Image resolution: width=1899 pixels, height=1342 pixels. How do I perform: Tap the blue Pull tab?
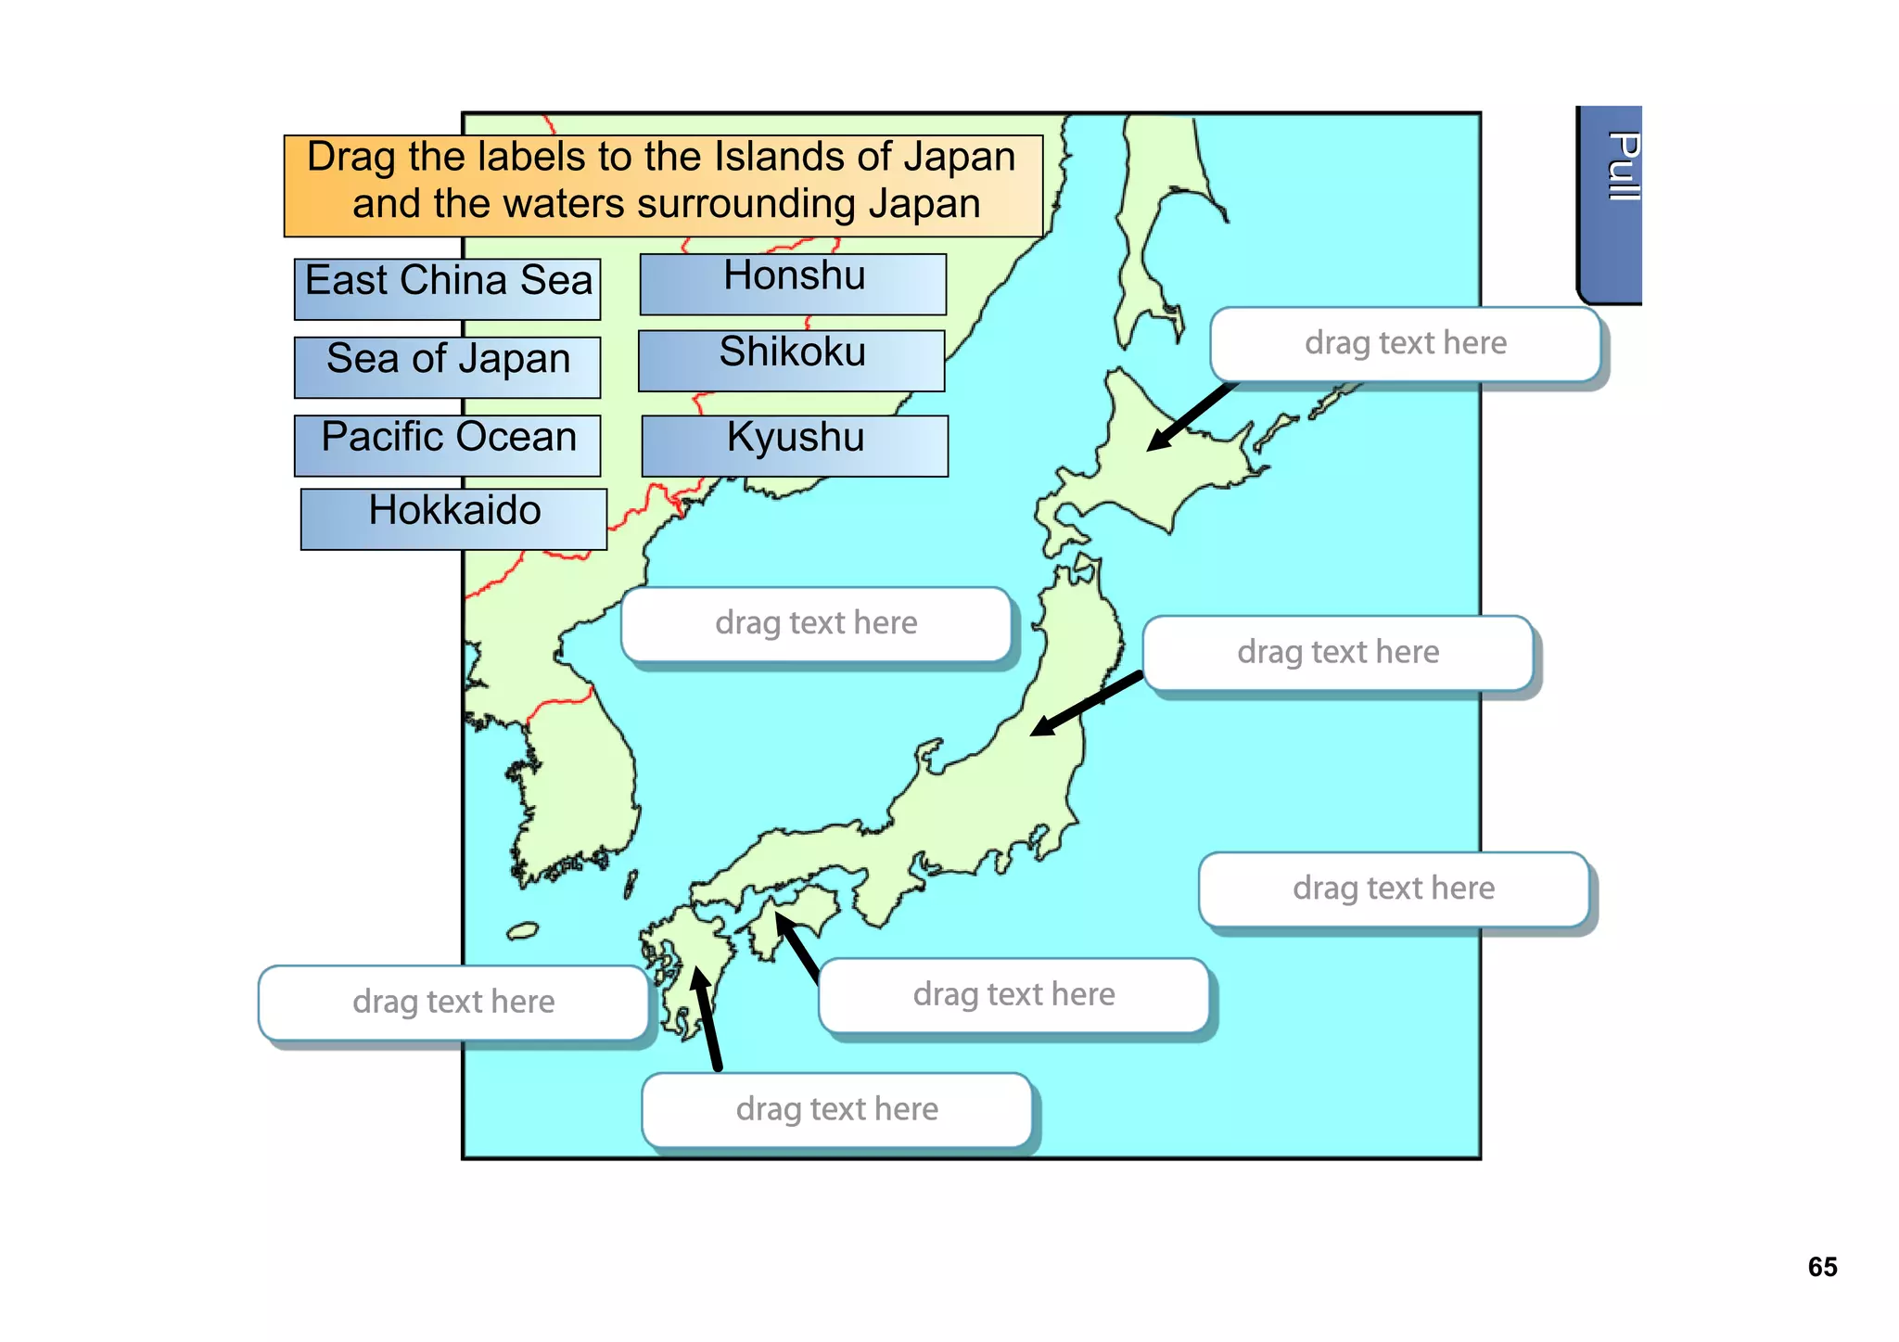[1612, 204]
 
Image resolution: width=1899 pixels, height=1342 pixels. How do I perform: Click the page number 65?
[1822, 1267]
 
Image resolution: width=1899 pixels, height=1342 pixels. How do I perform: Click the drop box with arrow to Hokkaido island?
[1405, 344]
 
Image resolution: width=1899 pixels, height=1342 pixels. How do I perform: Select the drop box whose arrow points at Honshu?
[1337, 653]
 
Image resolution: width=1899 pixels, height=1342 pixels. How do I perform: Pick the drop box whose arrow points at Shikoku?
[1013, 995]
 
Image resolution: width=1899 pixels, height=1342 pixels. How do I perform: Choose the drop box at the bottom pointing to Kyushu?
[836, 1109]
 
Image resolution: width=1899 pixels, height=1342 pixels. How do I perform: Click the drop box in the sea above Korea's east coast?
[816, 623]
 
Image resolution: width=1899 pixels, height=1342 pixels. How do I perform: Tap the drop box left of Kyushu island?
[452, 1003]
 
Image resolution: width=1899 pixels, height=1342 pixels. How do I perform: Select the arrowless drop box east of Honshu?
[1393, 889]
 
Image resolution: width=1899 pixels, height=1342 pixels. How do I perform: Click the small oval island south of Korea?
[523, 930]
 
